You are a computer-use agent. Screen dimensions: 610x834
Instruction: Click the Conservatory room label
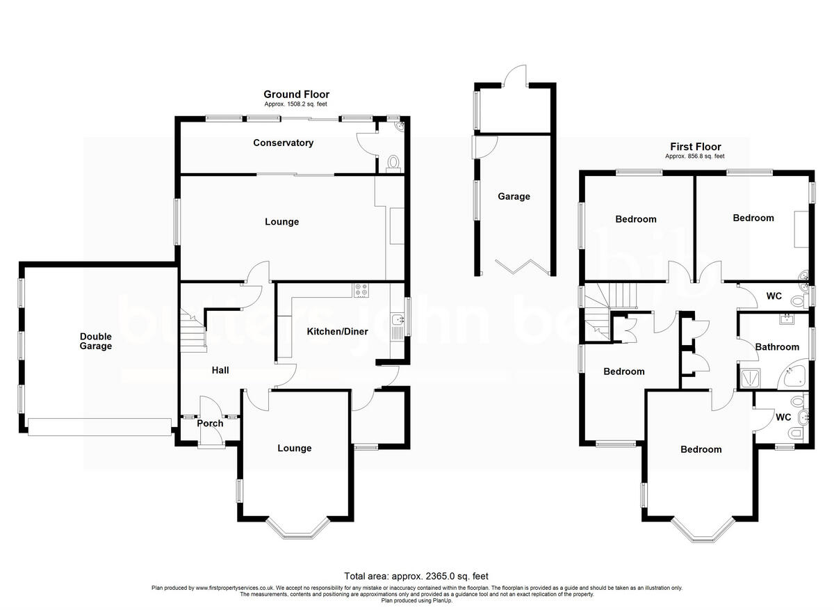click(283, 143)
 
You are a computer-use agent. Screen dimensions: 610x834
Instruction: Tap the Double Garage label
click(95, 341)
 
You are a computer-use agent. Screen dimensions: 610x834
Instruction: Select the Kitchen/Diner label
click(337, 332)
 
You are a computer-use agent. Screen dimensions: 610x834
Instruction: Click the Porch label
click(210, 423)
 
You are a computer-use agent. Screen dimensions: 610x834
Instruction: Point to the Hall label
click(220, 371)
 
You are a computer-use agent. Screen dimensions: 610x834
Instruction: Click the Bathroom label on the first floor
click(777, 346)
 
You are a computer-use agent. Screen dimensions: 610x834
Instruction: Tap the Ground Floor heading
click(296, 95)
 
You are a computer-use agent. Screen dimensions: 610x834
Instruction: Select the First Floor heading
click(695, 147)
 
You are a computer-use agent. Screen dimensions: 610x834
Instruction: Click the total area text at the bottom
click(416, 576)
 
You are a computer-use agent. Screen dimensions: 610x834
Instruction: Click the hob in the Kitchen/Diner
click(361, 291)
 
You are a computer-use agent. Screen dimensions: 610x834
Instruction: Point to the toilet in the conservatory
click(393, 163)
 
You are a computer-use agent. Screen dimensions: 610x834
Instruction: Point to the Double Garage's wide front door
click(99, 426)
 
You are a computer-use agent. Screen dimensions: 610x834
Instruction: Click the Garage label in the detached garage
click(514, 197)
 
